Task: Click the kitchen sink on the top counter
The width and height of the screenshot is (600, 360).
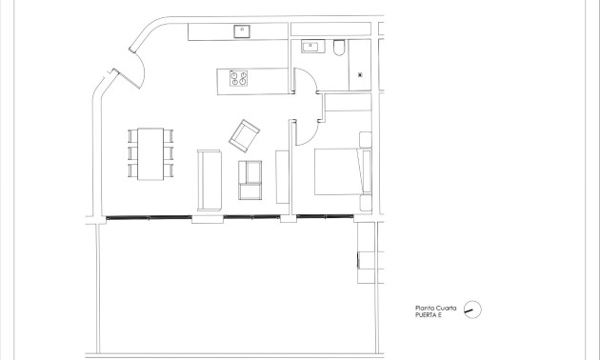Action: [242, 30]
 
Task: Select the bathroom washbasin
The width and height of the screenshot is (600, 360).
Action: [311, 47]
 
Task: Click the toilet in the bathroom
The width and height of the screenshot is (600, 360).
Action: [340, 48]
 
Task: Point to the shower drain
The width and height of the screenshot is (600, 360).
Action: [361, 74]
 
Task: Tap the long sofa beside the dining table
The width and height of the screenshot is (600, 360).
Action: [208, 178]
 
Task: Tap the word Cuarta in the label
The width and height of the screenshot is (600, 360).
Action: [448, 307]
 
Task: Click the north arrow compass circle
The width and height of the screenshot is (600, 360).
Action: [472, 310]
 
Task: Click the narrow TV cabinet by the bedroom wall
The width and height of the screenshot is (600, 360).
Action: [282, 176]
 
